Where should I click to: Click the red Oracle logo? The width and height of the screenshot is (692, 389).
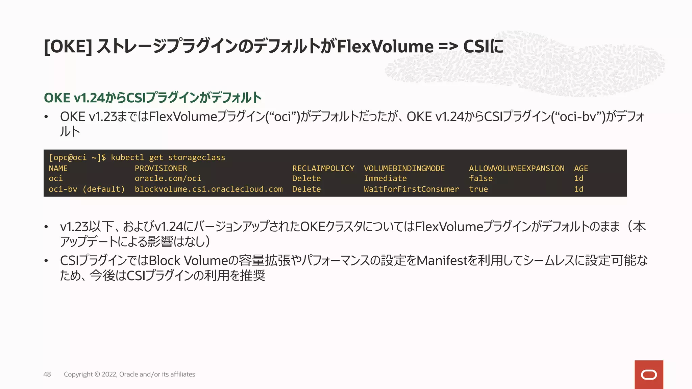pos(649,374)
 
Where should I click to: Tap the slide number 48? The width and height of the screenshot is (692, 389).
pos(47,374)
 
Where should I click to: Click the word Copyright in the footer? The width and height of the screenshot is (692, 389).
pos(78,374)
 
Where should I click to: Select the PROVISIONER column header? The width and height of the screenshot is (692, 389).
pos(161,168)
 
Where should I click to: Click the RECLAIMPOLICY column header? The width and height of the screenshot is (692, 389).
pos(323,168)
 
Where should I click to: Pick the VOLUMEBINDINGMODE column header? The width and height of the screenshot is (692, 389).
pos(404,168)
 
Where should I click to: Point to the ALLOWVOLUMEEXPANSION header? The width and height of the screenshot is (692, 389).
pos(516,168)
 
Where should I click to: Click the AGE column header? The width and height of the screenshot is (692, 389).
pos(581,168)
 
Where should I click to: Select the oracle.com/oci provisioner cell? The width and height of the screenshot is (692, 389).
pos(168,178)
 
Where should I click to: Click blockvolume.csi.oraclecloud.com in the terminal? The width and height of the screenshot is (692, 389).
pos(208,189)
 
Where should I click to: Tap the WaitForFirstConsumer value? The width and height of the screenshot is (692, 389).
pos(411,189)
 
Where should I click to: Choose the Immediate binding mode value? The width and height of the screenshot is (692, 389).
pos(385,178)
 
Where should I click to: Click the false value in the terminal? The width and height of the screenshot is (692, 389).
pos(480,178)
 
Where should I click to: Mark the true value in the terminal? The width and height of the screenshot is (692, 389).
pos(478,189)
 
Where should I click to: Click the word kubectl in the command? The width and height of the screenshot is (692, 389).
pos(127,157)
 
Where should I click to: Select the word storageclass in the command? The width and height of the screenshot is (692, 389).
pos(197,157)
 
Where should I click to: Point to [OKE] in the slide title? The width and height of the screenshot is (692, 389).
pos(68,46)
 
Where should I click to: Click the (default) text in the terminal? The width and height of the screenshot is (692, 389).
pos(104,189)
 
